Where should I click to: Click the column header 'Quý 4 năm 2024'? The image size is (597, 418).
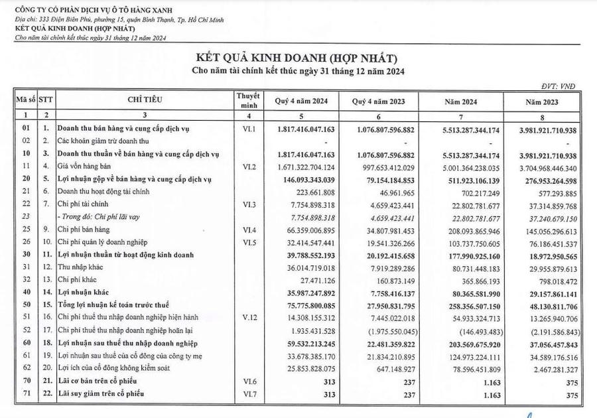click(301, 102)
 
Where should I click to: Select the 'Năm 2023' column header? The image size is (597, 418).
click(541, 102)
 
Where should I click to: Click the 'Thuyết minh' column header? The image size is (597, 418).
click(247, 100)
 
